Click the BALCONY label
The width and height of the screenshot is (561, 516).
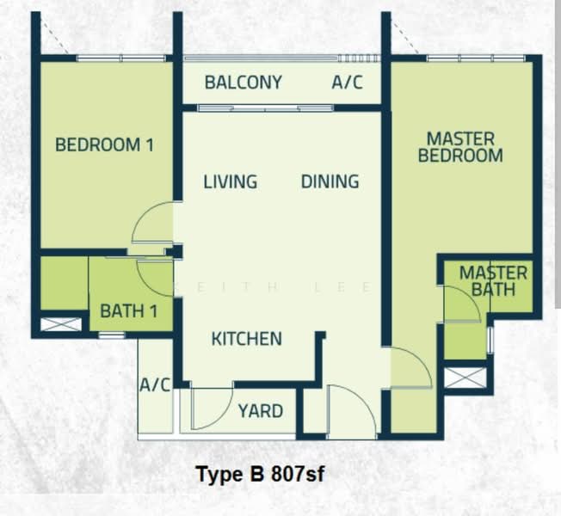click(243, 83)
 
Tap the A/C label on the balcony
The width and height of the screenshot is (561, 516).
click(347, 83)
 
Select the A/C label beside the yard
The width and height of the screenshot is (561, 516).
click(156, 384)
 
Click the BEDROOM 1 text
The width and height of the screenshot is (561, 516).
click(104, 144)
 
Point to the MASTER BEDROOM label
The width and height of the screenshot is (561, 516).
click(460, 147)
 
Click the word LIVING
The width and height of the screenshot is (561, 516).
click(230, 182)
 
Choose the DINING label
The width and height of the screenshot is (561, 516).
click(330, 182)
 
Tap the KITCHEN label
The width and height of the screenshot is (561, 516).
click(246, 339)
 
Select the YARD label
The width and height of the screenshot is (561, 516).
click(260, 411)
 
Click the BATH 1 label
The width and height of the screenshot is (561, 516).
click(128, 310)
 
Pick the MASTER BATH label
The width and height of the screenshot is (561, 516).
click(493, 281)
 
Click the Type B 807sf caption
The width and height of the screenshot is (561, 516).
click(260, 474)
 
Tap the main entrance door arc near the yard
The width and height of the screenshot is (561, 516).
click(352, 411)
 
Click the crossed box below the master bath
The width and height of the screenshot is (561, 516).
click(465, 378)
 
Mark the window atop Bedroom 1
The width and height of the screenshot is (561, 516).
click(120, 58)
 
